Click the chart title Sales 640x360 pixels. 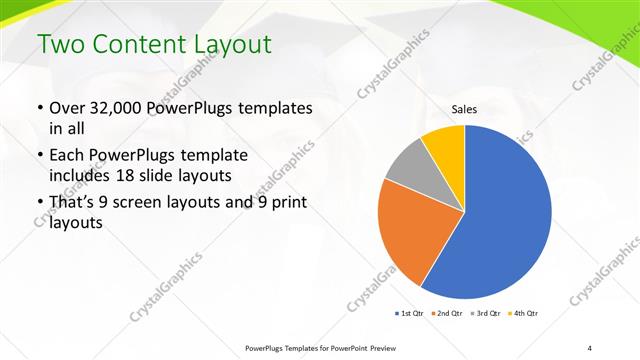464,109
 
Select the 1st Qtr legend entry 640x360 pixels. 410,313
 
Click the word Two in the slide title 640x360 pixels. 61,44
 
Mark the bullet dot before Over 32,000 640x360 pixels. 39,108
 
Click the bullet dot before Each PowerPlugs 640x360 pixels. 39,155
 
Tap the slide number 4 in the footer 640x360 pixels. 590,347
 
